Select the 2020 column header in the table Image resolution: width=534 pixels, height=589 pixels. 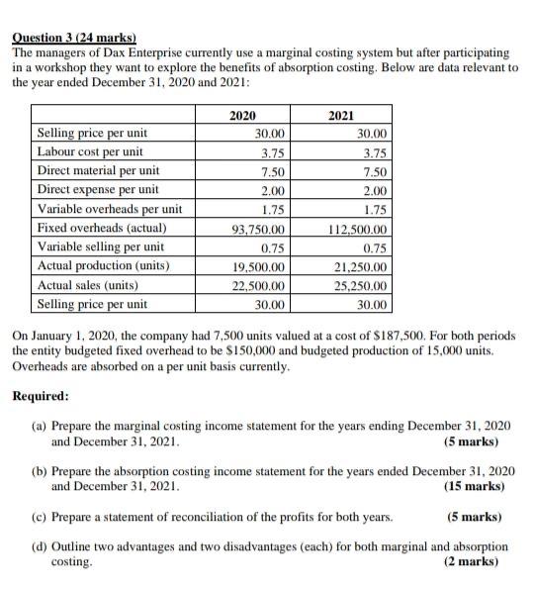click(241, 116)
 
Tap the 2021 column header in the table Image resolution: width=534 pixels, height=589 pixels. click(341, 116)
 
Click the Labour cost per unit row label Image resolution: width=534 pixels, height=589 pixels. click(90, 152)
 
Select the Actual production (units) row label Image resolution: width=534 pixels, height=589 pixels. click(103, 266)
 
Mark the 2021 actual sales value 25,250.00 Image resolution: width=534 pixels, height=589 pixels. click(362, 285)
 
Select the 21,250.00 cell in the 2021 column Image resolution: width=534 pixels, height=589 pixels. click(362, 266)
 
